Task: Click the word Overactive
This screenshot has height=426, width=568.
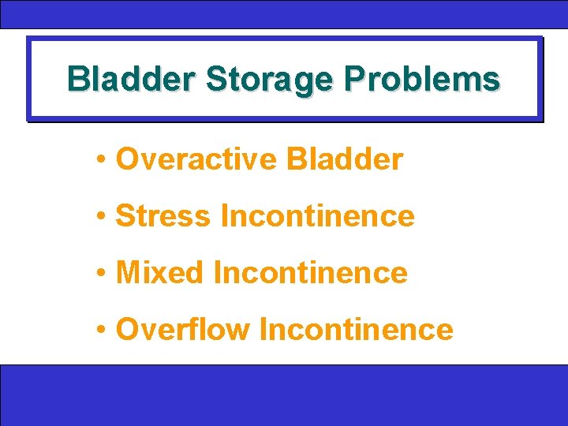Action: pos(196,159)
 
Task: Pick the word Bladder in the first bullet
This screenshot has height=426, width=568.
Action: pos(345,159)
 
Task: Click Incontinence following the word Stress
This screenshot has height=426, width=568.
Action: pos(318,215)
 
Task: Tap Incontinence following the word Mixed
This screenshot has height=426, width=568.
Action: pos(311,273)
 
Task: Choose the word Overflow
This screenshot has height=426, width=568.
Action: pos(182,330)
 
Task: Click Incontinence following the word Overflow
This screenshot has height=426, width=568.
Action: pos(357,330)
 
